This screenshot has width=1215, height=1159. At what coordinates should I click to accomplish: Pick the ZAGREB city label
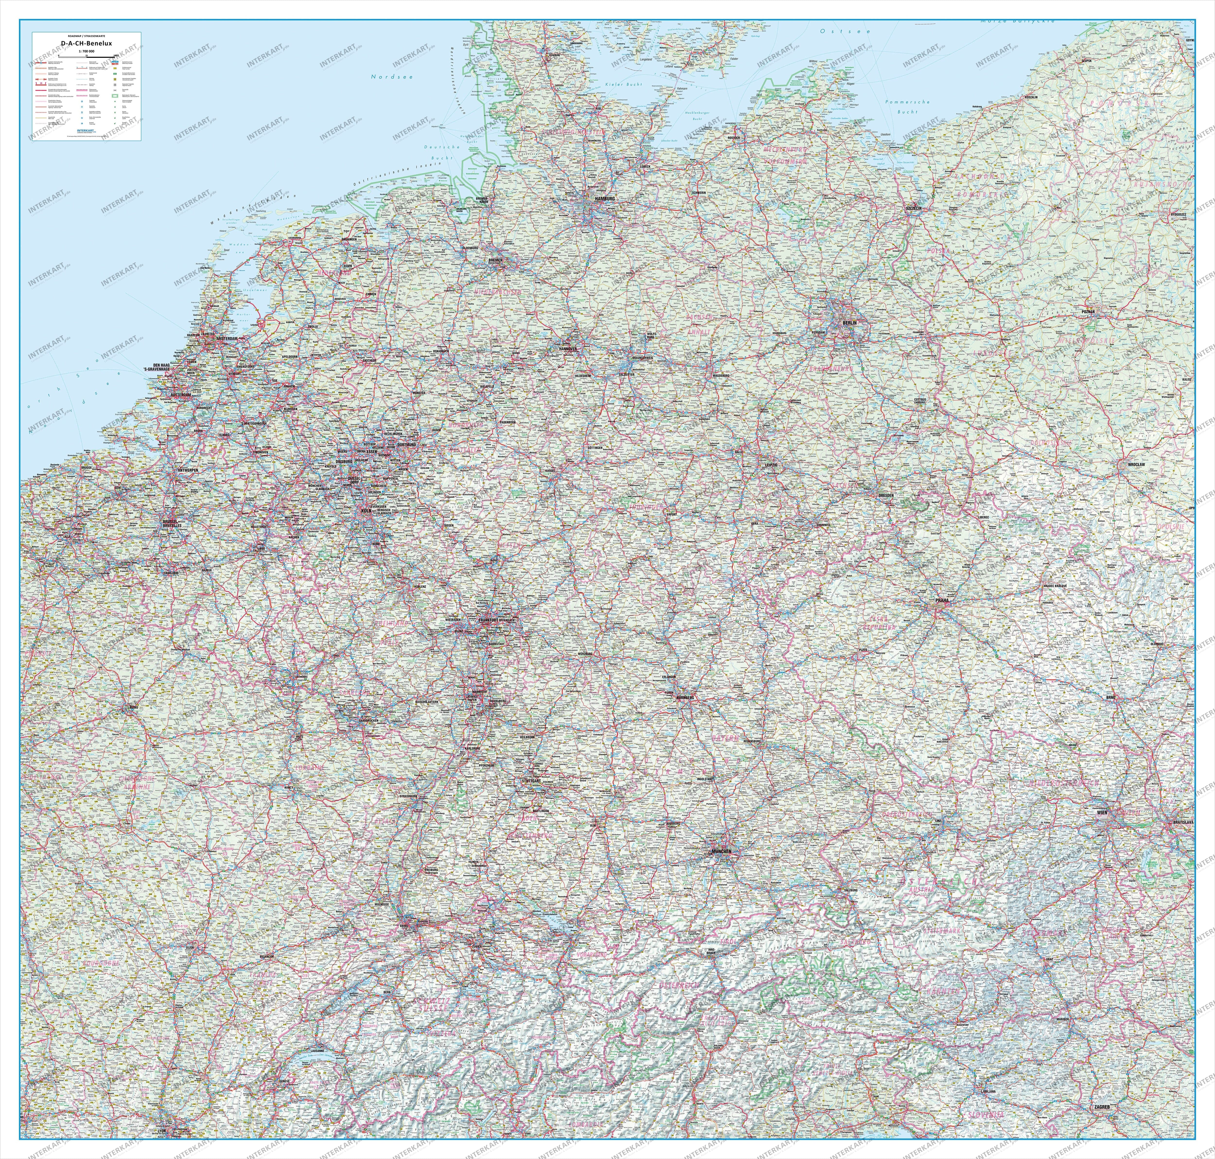pyautogui.click(x=1101, y=1090)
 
